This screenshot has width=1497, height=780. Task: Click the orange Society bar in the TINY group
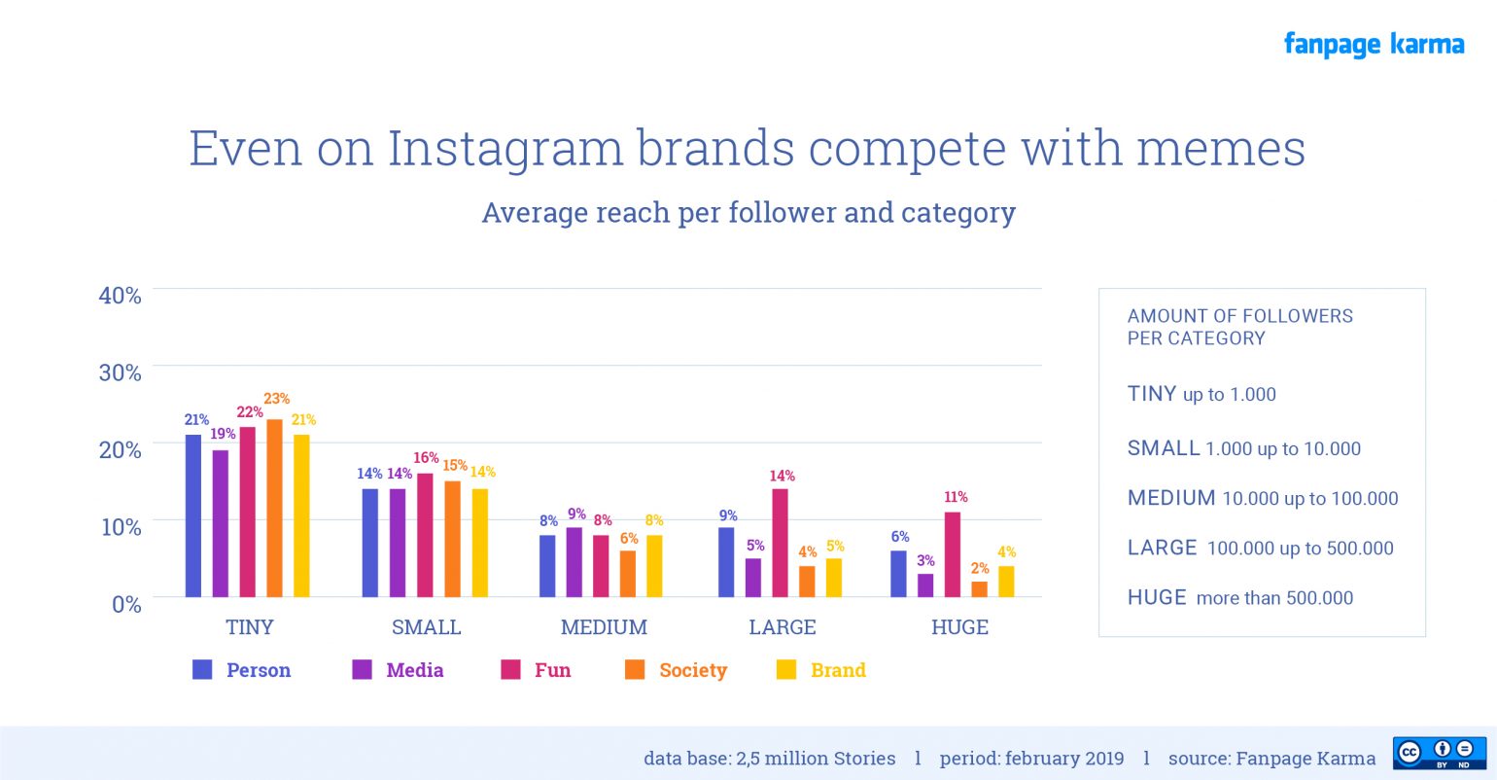(274, 508)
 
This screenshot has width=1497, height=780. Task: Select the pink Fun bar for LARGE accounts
(780, 543)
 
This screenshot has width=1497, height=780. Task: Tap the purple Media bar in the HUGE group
(925, 585)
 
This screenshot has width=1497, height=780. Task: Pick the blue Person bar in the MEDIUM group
(547, 566)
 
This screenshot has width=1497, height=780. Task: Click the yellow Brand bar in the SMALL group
(480, 543)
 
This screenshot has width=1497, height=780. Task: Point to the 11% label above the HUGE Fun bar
(956, 497)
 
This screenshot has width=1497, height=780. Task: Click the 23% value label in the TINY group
(276, 399)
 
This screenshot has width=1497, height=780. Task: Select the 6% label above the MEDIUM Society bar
(629, 538)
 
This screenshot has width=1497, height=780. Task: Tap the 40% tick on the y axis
(120, 295)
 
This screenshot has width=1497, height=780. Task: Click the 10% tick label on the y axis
(121, 526)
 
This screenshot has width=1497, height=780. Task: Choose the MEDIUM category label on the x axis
(604, 627)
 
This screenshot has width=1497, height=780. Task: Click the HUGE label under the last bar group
(959, 627)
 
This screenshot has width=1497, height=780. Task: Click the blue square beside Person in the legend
(202, 669)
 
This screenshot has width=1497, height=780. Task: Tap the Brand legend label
(837, 670)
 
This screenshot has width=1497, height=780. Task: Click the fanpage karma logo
(1373, 45)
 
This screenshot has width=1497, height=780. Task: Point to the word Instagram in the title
(505, 149)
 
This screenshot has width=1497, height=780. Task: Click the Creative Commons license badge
(1439, 753)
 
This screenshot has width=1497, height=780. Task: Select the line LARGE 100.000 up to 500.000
(1260, 549)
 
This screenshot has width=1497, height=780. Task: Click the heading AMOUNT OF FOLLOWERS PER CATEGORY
(1239, 327)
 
